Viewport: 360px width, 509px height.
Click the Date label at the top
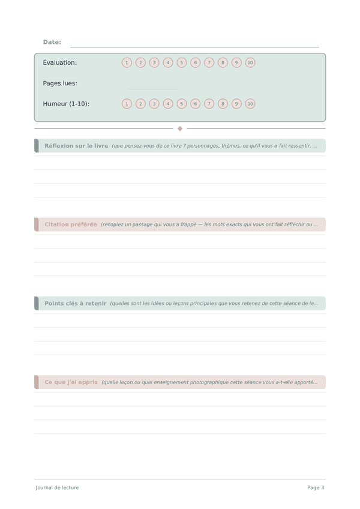(52, 42)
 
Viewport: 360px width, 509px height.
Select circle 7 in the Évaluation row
(209, 62)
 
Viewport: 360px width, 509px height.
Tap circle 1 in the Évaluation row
(127, 62)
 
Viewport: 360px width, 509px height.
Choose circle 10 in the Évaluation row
(250, 62)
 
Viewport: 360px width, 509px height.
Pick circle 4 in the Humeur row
(168, 104)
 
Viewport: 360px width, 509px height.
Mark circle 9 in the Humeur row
(236, 104)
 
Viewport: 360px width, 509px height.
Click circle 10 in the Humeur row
(250, 104)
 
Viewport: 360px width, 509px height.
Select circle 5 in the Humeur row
(182, 104)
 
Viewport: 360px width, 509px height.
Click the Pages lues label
(60, 83)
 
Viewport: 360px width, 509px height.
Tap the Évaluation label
(60, 62)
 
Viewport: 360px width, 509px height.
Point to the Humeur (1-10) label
(66, 104)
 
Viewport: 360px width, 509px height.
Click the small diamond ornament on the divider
(180, 128)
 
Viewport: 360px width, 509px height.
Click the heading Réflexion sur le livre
(76, 146)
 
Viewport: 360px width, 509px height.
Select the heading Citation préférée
(71, 224)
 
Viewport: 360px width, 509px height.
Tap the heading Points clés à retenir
(75, 304)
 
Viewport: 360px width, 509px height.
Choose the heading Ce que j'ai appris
(70, 382)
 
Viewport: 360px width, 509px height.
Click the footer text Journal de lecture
(57, 487)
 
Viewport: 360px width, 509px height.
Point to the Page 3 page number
(316, 487)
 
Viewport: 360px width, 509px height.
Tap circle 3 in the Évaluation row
(154, 62)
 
